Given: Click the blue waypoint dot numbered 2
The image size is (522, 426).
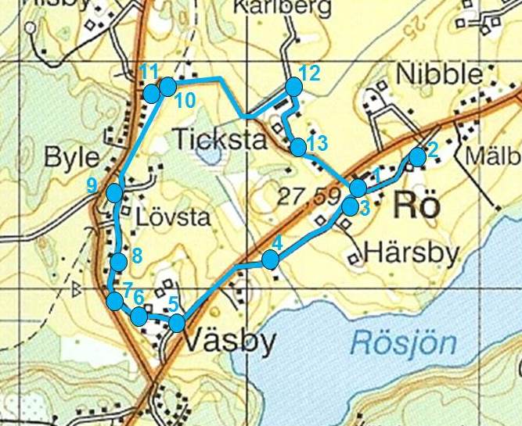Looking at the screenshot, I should [x=417, y=156].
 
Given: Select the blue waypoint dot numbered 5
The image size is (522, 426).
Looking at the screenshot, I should [x=178, y=322].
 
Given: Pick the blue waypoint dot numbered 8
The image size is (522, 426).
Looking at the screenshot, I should [x=118, y=261].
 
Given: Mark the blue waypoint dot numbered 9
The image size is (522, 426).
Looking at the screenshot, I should [x=115, y=192].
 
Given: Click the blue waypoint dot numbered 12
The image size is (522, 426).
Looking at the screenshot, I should [x=293, y=87].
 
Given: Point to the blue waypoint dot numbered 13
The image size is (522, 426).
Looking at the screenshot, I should [x=297, y=146].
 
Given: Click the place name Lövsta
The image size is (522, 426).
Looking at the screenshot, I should [x=172, y=217].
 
